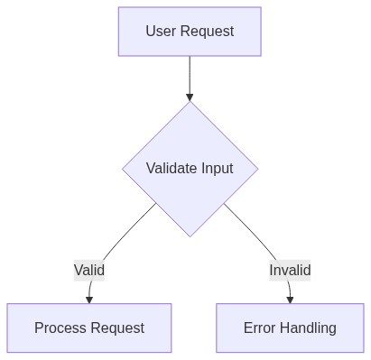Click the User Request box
point(190,32)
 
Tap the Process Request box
point(89,328)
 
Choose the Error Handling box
point(290,328)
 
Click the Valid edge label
point(89,270)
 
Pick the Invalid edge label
point(290,270)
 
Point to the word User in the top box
point(162,32)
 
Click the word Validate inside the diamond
point(172,169)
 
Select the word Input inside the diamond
point(217,169)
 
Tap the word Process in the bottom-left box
point(60,328)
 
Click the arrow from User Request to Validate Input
point(190,77)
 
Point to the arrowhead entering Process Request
point(89,299)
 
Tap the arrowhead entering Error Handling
point(290,299)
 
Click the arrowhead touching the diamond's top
point(190,96)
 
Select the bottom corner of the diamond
point(190,235)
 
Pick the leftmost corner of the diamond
point(124,169)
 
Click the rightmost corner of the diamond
point(257,169)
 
